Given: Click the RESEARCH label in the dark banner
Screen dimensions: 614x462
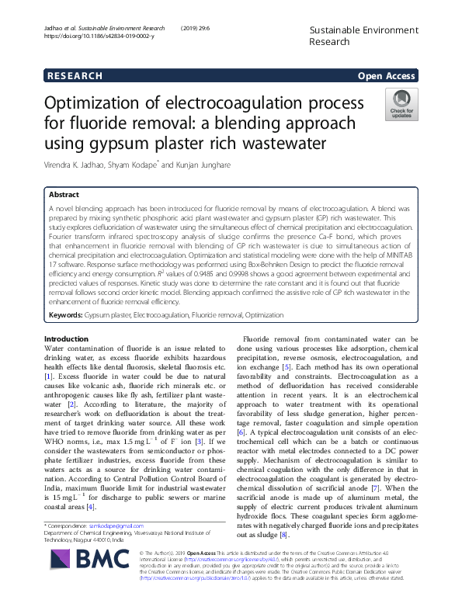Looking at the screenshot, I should [75, 76].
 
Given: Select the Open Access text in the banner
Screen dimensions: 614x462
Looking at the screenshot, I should [386, 76].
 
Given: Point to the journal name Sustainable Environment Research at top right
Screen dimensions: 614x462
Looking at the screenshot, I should [352, 35].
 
